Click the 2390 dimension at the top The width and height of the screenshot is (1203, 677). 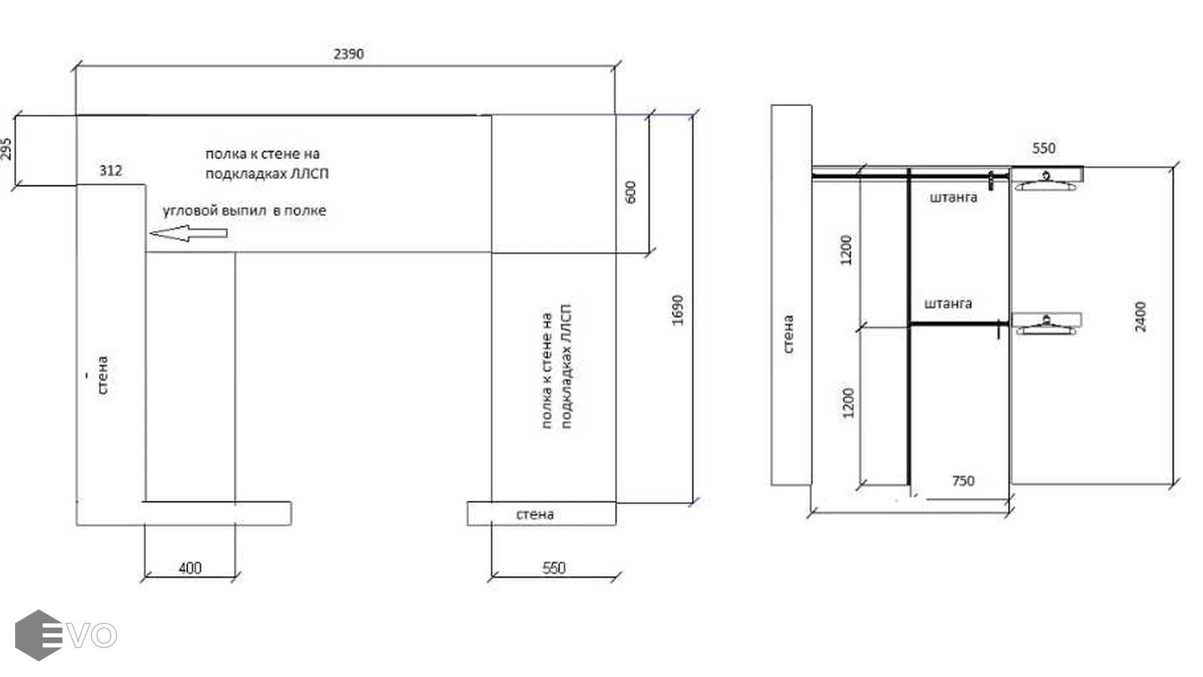[349, 54]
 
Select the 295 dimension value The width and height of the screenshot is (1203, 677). [7, 149]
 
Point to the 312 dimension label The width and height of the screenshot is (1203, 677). [111, 171]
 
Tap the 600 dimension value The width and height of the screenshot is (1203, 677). [631, 192]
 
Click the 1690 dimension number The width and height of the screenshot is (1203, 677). [678, 310]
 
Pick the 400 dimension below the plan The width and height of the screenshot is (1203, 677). [190, 568]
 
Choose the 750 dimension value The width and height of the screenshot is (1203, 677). [963, 481]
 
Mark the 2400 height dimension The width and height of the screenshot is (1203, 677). [1141, 317]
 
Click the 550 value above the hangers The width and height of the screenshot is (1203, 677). [1043, 149]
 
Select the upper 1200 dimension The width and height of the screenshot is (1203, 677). [846, 250]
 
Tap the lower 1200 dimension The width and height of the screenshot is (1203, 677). [848, 403]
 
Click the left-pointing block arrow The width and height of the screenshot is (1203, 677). [188, 233]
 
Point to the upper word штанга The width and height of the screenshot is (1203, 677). [953, 198]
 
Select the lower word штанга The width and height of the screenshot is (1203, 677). [948, 304]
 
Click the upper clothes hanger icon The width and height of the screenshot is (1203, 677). [1046, 181]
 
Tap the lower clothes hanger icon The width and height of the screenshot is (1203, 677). [1046, 326]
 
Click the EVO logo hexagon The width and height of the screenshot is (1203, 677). [38, 635]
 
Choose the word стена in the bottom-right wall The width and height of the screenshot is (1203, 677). [535, 515]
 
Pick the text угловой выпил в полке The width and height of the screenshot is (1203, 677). [245, 211]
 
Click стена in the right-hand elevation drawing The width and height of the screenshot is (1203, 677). [788, 334]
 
